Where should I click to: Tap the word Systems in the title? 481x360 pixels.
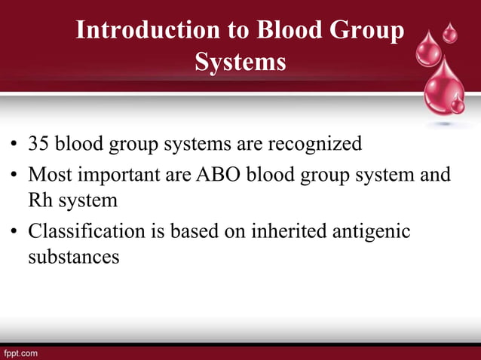tap(240, 62)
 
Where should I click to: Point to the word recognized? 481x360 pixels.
tap(312, 143)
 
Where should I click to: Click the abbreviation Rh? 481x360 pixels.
tap(40, 200)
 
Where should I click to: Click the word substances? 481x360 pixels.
tap(74, 257)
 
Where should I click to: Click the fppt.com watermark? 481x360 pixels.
tap(20, 352)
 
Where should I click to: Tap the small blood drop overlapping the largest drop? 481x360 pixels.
tap(457, 104)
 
